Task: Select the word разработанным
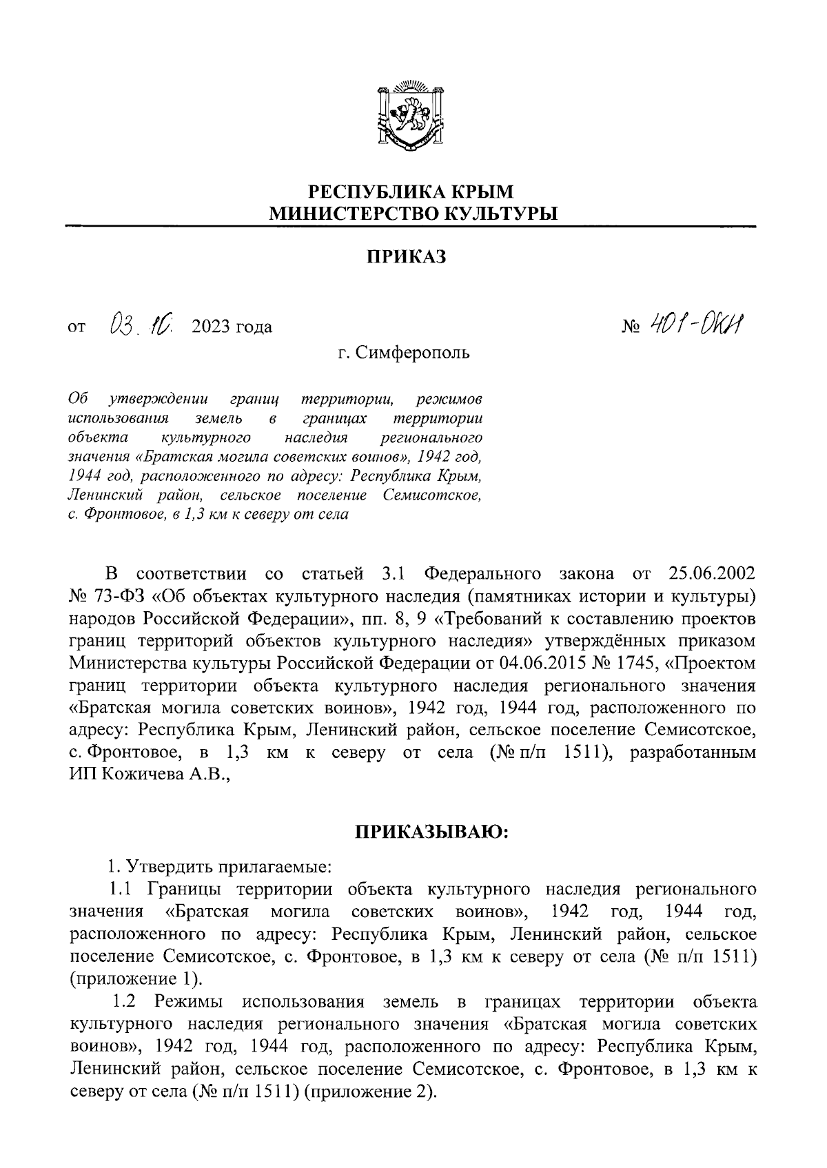[x=693, y=752]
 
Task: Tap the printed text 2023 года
[x=232, y=326]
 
